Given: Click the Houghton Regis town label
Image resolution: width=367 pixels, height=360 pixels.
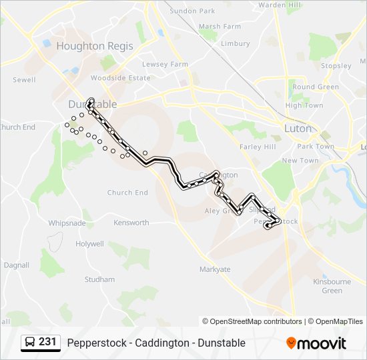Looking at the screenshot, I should click(x=95, y=46).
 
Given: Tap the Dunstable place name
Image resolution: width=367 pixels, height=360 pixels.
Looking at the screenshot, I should click(x=93, y=105).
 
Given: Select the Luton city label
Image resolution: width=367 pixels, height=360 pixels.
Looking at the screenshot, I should click(x=298, y=128).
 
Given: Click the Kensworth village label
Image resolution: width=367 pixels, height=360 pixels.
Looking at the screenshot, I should click(x=131, y=223).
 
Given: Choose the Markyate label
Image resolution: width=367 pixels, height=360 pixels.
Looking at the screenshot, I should click(x=215, y=269).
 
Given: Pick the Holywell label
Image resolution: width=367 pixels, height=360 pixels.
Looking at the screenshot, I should click(x=89, y=244).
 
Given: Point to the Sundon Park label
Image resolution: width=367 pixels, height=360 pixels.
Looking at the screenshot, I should click(x=193, y=11).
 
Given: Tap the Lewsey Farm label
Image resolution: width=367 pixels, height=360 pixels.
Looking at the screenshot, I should click(x=165, y=64).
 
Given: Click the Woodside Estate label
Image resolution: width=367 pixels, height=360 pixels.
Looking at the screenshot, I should click(x=120, y=78).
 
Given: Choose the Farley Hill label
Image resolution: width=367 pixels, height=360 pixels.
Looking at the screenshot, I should click(x=258, y=147).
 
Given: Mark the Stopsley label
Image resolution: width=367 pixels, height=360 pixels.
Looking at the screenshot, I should click(x=336, y=66).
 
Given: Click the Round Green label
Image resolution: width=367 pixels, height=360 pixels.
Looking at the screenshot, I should click(x=316, y=87).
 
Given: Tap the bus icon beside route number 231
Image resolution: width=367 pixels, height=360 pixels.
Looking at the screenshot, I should click(x=30, y=343).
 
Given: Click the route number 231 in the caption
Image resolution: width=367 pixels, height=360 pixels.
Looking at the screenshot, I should click(x=47, y=342).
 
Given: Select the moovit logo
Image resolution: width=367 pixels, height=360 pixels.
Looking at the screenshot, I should click(x=316, y=343).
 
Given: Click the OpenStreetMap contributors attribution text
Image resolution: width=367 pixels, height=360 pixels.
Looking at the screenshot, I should click(x=252, y=321).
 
